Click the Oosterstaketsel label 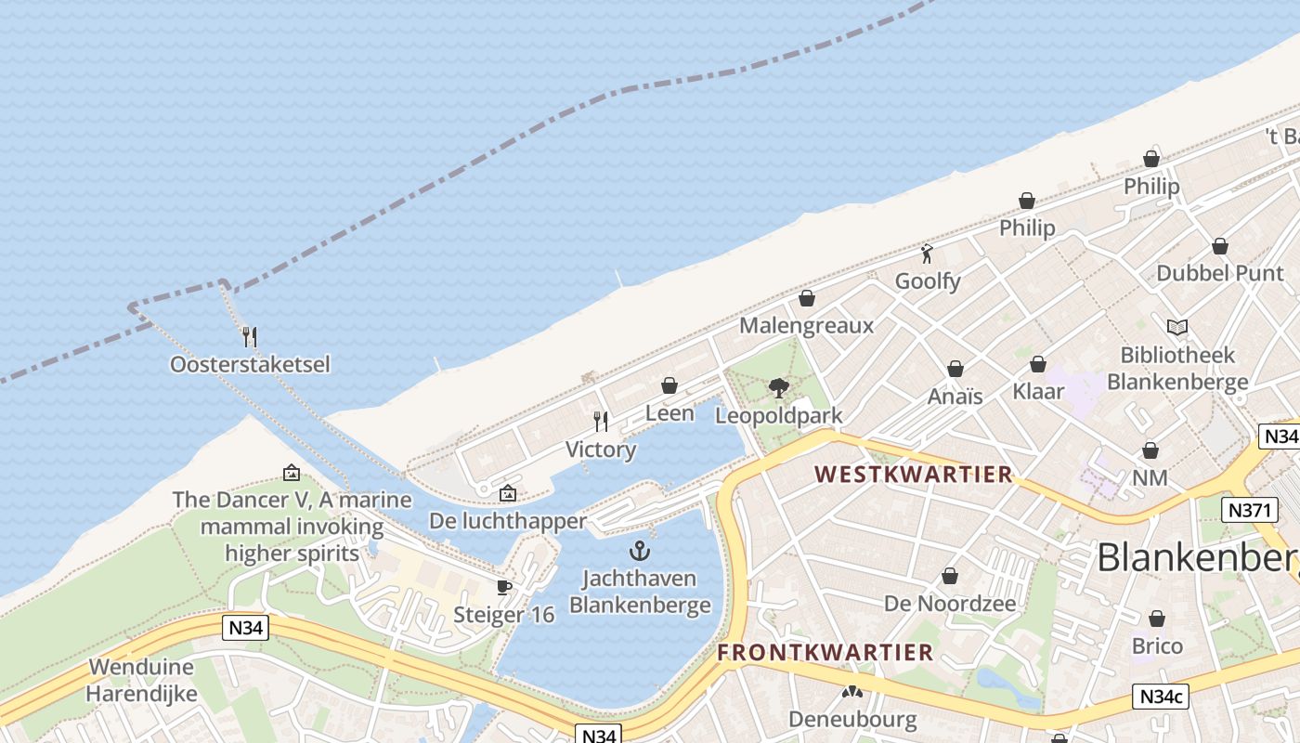(x=250, y=364)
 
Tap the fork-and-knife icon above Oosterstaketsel (x=250, y=336)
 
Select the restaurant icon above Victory (x=601, y=422)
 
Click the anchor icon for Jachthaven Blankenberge (x=640, y=550)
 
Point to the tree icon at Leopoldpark (x=779, y=387)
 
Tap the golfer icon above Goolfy (x=927, y=253)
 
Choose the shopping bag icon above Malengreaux (x=807, y=298)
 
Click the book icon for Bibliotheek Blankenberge (x=1177, y=327)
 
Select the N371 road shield (x=1250, y=509)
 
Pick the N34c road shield (x=1162, y=697)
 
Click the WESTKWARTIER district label (x=914, y=475)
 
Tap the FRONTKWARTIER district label (x=825, y=652)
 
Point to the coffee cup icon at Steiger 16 (x=503, y=587)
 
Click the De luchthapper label (x=508, y=521)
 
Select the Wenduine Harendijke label (x=142, y=680)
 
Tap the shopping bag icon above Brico (x=1157, y=619)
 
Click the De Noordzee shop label (x=950, y=604)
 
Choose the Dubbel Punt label (x=1220, y=273)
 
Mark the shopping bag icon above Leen (x=669, y=385)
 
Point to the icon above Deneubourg (x=851, y=692)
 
